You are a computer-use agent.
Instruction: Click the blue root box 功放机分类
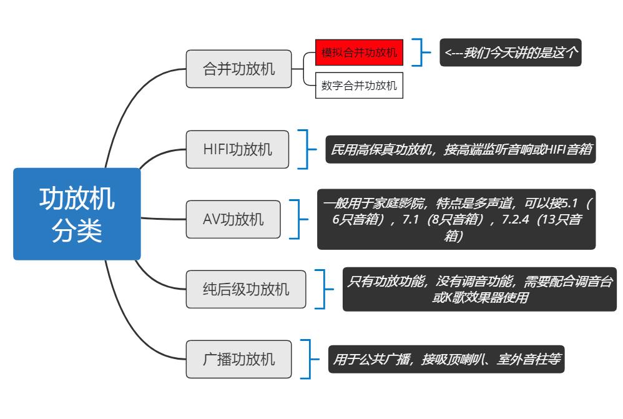pyautogui.click(x=77, y=214)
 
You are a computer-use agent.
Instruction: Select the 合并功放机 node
pyautogui.click(x=238, y=69)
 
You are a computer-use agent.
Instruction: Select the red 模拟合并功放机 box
pyautogui.click(x=359, y=52)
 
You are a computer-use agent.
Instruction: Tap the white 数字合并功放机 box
pyautogui.click(x=359, y=86)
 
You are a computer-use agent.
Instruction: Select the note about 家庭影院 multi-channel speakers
pyautogui.click(x=456, y=219)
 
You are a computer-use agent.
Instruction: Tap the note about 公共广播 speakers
pyautogui.click(x=446, y=359)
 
